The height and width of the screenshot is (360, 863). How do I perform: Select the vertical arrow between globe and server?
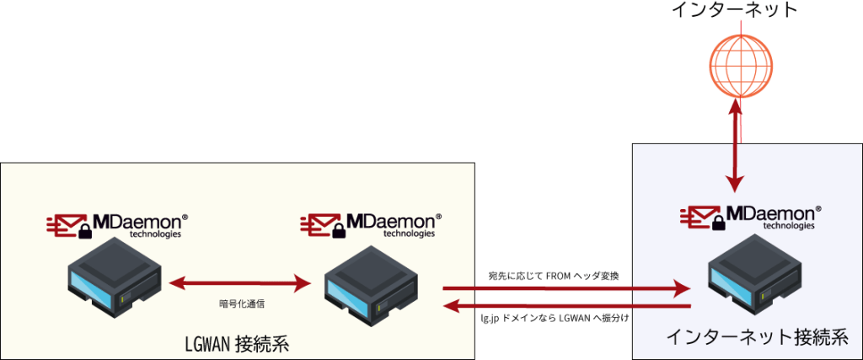click(x=737, y=143)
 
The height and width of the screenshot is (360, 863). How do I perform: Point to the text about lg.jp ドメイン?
click(x=555, y=319)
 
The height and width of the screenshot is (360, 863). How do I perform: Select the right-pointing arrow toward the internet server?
click(x=565, y=289)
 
